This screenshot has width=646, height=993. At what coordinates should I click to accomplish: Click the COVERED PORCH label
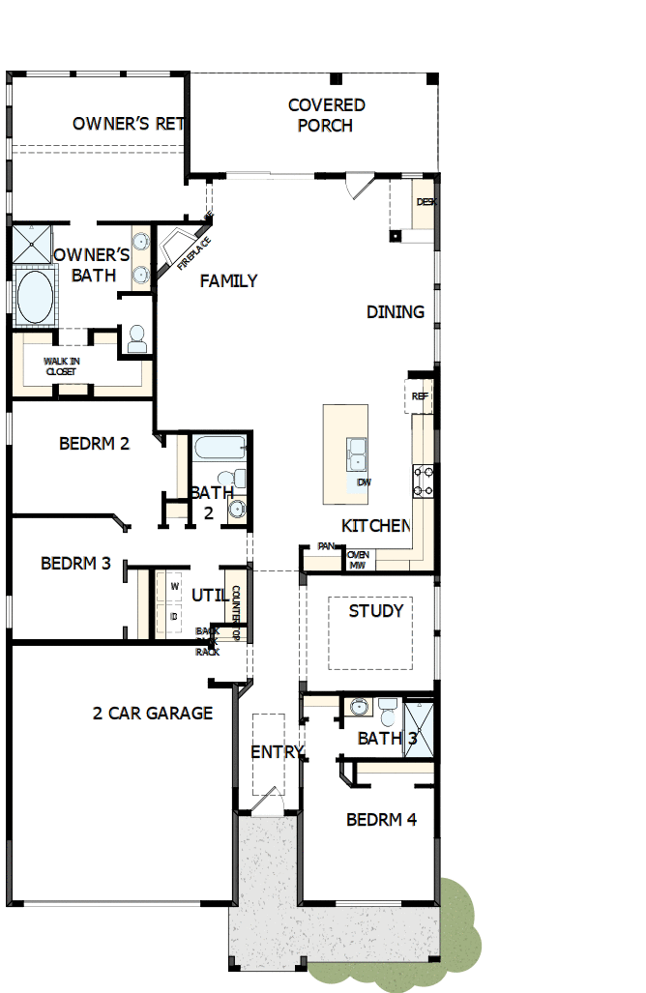click(x=326, y=115)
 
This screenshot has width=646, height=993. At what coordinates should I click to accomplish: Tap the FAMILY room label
click(x=228, y=281)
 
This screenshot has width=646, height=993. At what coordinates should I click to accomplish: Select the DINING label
click(x=396, y=311)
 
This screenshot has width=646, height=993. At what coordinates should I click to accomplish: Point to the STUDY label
click(x=376, y=611)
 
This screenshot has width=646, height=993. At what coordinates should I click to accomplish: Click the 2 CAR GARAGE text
click(x=153, y=714)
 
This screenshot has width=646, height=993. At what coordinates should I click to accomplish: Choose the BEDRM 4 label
click(x=381, y=820)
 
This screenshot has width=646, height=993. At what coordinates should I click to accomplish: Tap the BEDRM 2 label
click(x=94, y=444)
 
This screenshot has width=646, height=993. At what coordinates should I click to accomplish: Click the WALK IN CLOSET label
click(x=62, y=365)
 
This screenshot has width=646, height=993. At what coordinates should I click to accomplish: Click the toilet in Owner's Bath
click(x=136, y=337)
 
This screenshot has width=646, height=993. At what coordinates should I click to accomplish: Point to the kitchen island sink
click(x=356, y=453)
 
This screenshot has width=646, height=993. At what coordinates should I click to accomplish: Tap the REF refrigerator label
click(x=420, y=396)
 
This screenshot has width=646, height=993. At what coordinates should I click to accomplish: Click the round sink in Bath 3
click(x=359, y=708)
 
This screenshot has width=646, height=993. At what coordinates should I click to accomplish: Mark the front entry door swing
click(x=270, y=801)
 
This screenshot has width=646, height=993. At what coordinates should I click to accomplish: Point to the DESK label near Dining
click(x=426, y=202)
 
